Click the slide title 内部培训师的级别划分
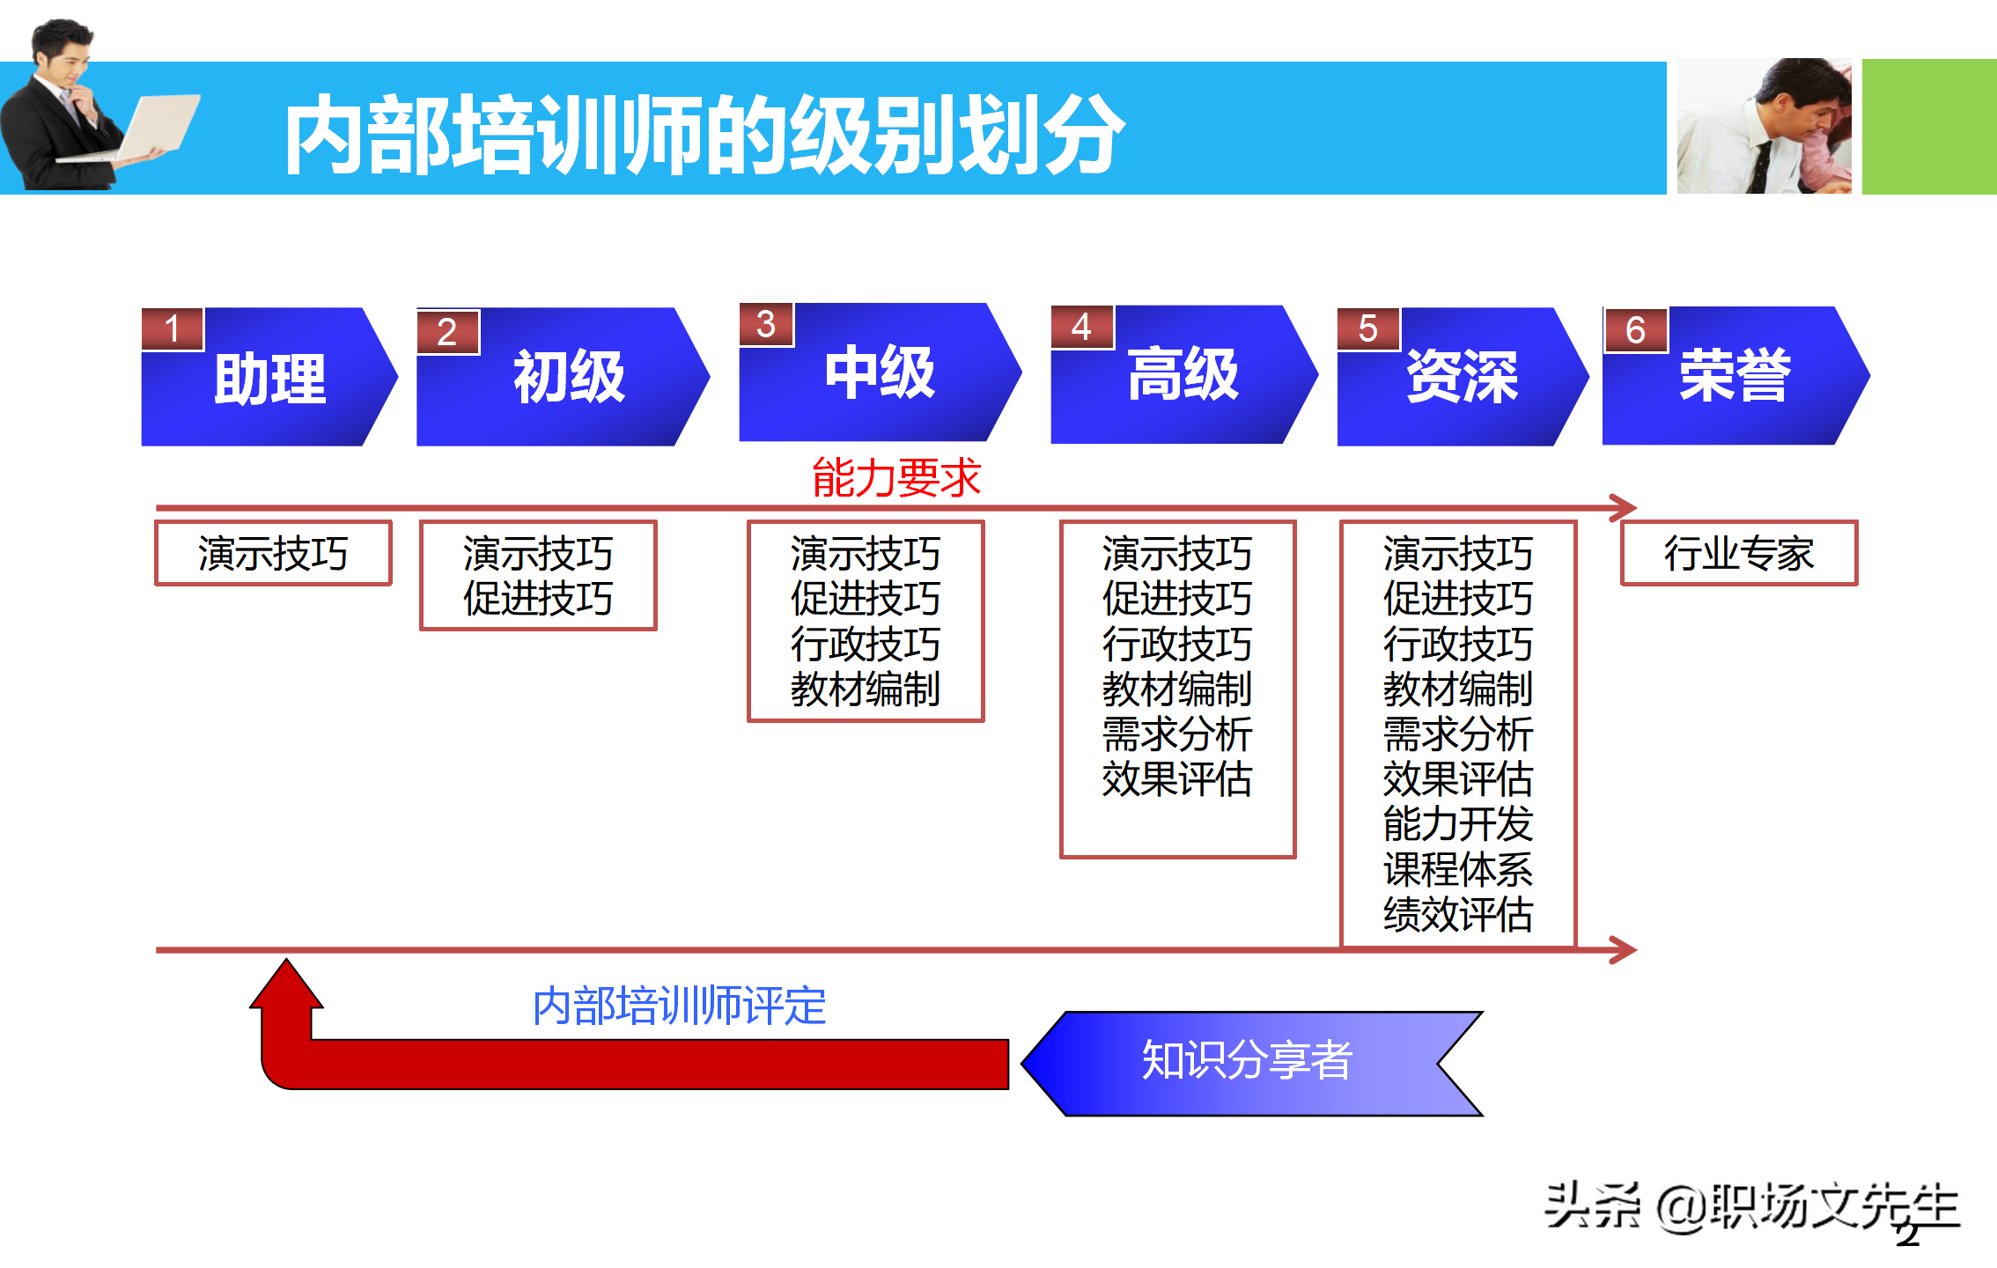tap(704, 134)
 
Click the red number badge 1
tap(173, 329)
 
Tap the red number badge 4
tap(1082, 327)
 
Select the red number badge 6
tap(1635, 330)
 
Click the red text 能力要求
tap(895, 478)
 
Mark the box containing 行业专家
tap(1738, 553)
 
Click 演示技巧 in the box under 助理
tap(273, 554)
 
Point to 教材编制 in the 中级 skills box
tap(865, 689)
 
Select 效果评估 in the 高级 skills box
tap(1176, 779)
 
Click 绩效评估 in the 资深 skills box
tap(1457, 914)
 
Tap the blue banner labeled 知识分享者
tap(1250, 1062)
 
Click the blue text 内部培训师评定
tap(679, 1006)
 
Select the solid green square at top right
tap(1928, 127)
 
